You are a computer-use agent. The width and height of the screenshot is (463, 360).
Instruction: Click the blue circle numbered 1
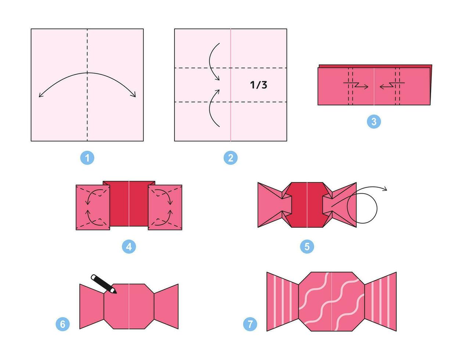click(x=87, y=158)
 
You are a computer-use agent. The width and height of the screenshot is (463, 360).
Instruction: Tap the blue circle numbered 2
click(x=230, y=158)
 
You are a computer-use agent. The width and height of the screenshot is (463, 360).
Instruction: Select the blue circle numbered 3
click(x=374, y=122)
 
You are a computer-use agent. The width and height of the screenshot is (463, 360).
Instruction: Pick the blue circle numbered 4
click(x=129, y=247)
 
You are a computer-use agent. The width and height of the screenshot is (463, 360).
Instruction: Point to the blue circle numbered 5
click(x=307, y=247)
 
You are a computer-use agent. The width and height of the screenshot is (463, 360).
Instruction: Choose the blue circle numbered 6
click(x=62, y=324)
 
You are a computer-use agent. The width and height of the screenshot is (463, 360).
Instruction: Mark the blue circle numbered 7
click(x=250, y=324)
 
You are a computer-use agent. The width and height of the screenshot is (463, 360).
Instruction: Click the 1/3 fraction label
click(x=258, y=85)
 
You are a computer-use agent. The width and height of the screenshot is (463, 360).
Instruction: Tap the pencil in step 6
click(x=104, y=284)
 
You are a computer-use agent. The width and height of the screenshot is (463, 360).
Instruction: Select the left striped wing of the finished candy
click(x=283, y=302)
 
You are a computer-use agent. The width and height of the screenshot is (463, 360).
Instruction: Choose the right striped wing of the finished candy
click(x=380, y=302)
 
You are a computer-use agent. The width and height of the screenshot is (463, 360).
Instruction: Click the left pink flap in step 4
click(x=93, y=208)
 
